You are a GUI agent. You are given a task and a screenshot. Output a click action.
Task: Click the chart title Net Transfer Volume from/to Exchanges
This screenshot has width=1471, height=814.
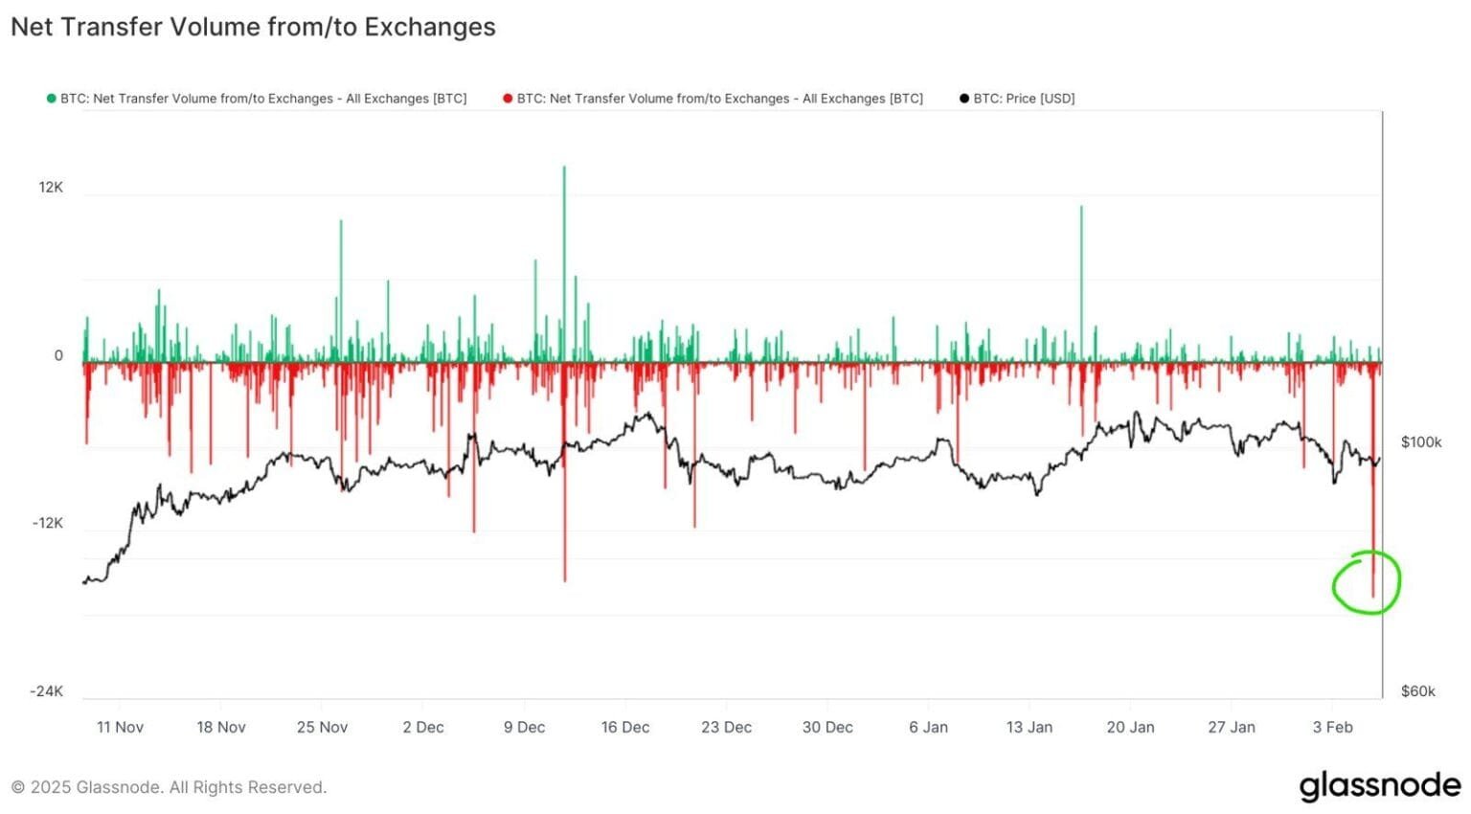coord(253,27)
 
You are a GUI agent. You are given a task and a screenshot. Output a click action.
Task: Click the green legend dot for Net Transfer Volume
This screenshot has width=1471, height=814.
coord(52,99)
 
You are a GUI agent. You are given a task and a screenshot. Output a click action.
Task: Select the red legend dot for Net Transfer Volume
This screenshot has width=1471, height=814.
coord(508,99)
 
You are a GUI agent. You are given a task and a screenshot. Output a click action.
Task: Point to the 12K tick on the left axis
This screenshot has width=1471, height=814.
coord(51,188)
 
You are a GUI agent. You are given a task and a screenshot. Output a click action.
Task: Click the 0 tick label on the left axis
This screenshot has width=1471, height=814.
coord(58,356)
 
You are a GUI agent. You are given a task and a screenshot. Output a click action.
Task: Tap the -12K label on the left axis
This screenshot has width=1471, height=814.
coord(47,524)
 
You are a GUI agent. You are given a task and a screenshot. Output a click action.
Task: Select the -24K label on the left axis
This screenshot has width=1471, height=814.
coord(46,691)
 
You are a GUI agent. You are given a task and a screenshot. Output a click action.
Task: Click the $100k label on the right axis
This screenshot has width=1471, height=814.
coord(1420,442)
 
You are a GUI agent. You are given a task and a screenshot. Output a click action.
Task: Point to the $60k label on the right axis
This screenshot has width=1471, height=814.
coord(1417,691)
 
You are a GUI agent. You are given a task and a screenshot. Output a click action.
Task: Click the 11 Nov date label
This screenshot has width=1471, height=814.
coord(120,728)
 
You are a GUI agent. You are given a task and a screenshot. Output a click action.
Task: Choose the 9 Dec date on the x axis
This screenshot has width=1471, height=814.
coord(524,728)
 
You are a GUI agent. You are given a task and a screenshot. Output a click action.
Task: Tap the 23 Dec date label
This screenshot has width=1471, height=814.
coord(726,728)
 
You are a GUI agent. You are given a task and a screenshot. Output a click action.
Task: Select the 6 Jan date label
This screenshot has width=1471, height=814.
coord(928,728)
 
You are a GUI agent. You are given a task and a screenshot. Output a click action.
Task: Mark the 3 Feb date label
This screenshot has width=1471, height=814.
coord(1332,728)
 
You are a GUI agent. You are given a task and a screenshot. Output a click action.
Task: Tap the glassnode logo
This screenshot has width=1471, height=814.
coord(1379,786)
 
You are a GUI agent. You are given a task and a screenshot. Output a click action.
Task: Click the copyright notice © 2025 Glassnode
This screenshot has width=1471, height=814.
coord(169,787)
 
